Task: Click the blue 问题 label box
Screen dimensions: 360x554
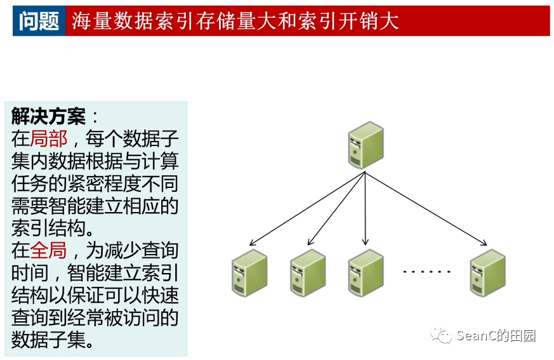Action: click(x=39, y=21)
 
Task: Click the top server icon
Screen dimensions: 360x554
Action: click(x=366, y=145)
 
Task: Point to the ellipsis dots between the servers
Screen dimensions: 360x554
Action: click(x=426, y=272)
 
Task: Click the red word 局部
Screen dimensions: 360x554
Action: click(x=48, y=138)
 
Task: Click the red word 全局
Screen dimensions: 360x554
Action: click(x=48, y=250)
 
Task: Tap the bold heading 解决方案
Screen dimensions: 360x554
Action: click(x=48, y=116)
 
